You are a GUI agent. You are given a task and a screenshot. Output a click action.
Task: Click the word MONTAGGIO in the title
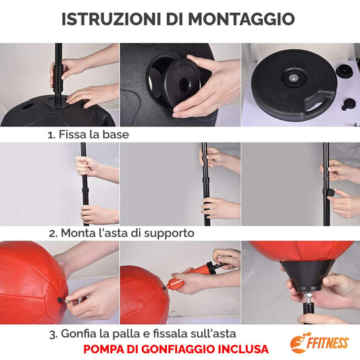242,19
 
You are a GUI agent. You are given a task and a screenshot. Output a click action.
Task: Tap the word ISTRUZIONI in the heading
111,19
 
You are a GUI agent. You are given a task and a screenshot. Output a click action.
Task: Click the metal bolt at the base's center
293,78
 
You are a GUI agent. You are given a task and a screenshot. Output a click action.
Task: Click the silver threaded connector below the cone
307,297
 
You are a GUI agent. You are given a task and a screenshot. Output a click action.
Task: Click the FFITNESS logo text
328,344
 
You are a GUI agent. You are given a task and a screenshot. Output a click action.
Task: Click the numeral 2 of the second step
52,234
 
